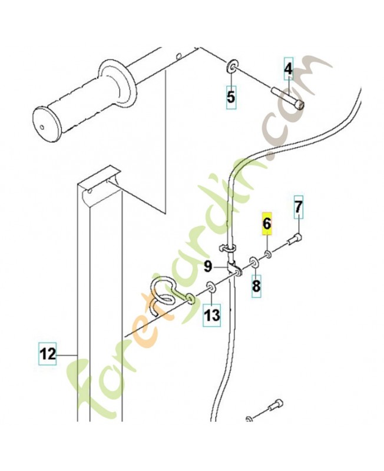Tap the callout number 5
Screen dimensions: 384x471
pyautogui.click(x=231, y=97)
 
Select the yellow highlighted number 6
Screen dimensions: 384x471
pyautogui.click(x=267, y=224)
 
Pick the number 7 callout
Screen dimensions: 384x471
pyautogui.click(x=298, y=207)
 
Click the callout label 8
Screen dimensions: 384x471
pyautogui.click(x=256, y=286)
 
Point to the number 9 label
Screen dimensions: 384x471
pyautogui.click(x=208, y=267)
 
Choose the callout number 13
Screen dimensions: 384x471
pyautogui.click(x=212, y=316)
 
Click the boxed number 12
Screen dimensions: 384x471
pyautogui.click(x=48, y=354)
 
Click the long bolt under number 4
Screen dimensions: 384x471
pyautogui.click(x=287, y=98)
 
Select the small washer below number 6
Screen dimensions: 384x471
pyautogui.click(x=268, y=255)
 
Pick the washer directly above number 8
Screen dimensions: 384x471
pyautogui.click(x=254, y=262)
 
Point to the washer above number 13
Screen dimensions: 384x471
pyautogui.click(x=211, y=287)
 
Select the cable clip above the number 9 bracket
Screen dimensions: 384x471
pyautogui.click(x=227, y=249)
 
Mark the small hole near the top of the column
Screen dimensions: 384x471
pyautogui.click(x=90, y=191)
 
